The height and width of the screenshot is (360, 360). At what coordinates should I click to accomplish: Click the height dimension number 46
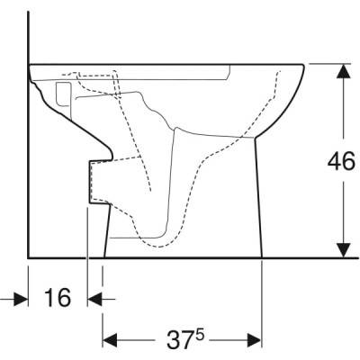point(341,162)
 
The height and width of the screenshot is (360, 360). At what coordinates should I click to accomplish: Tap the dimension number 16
point(58,297)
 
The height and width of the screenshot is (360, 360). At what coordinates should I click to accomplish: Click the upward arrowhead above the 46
point(343,71)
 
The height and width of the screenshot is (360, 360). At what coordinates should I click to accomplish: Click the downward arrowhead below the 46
point(343,250)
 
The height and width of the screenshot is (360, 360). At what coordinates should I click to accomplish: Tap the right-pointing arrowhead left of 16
point(21,299)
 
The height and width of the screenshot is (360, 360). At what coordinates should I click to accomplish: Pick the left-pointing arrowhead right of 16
point(94,299)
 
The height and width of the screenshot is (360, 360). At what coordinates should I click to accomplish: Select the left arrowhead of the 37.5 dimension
point(110,340)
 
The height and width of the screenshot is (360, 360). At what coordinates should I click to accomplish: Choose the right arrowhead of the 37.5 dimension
point(255,340)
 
